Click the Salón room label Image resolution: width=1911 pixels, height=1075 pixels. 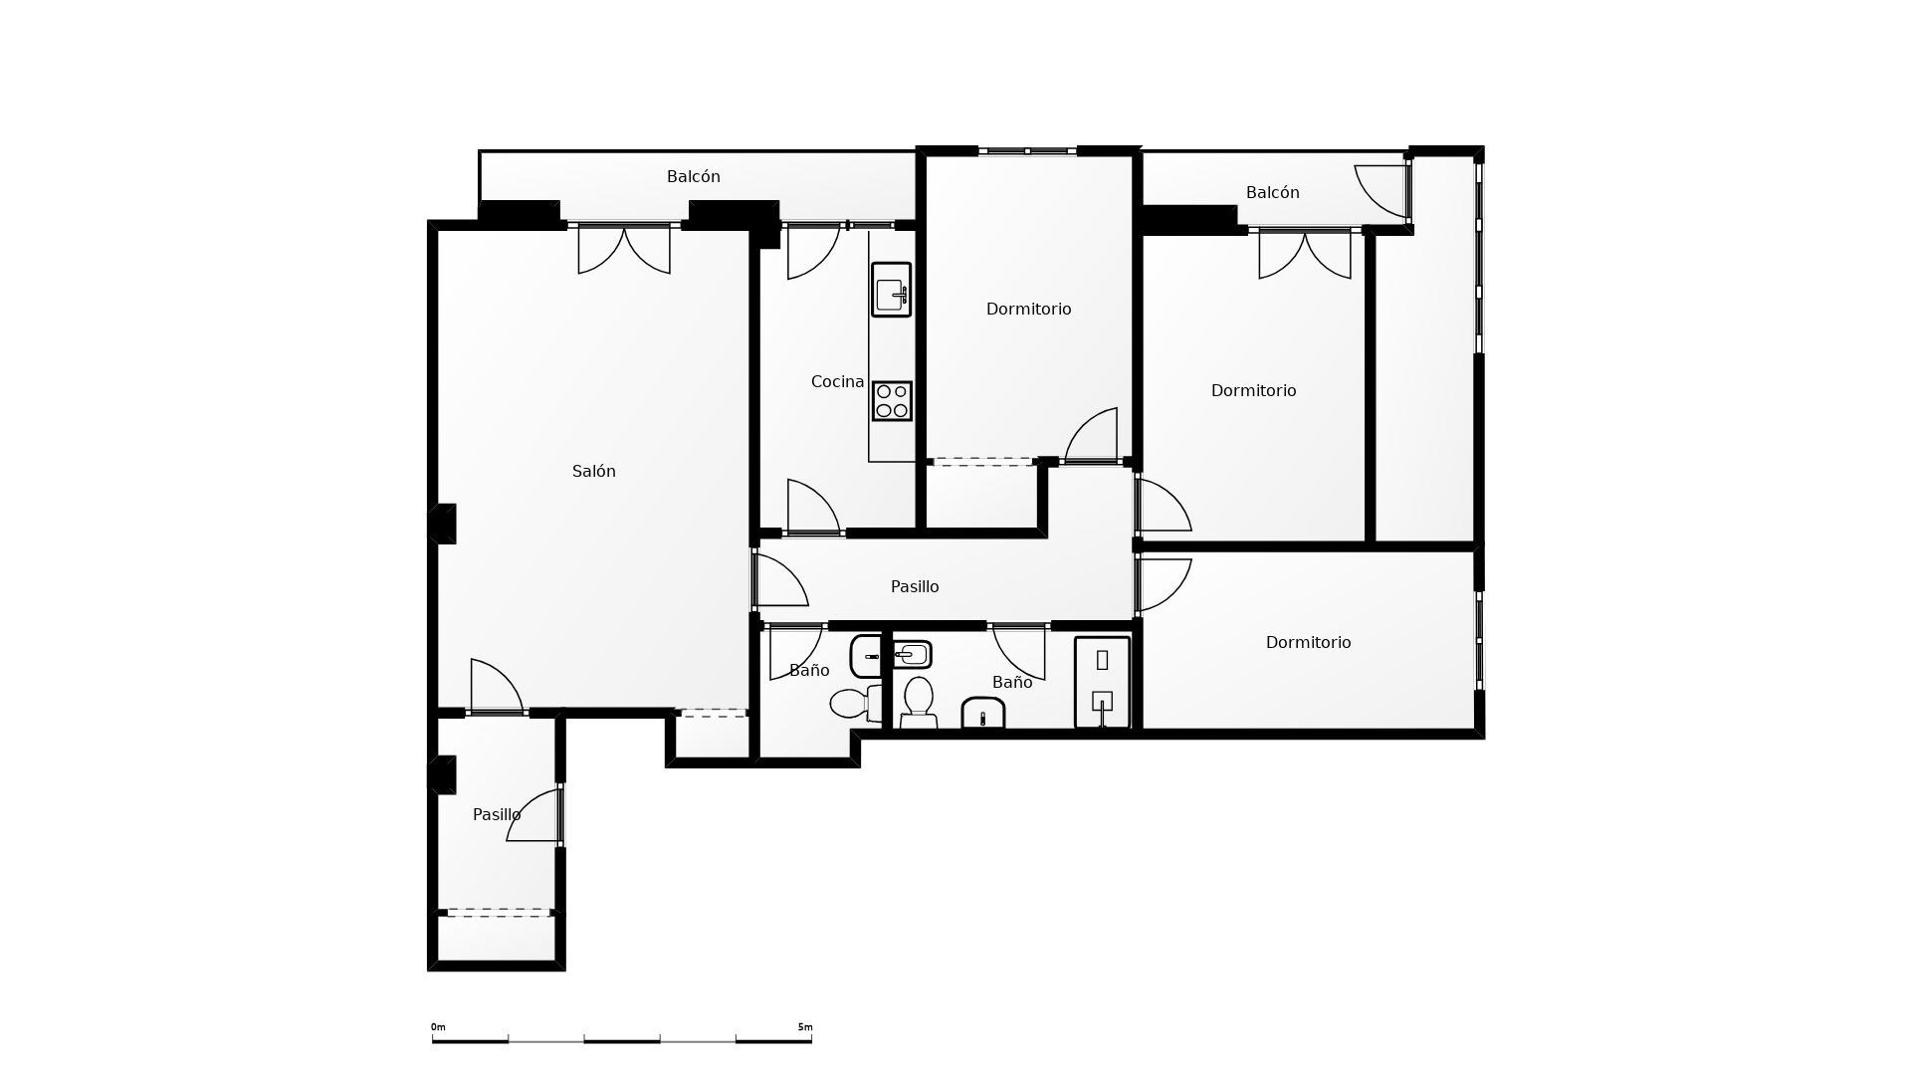[x=594, y=472]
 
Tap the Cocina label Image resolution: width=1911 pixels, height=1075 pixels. [x=837, y=382]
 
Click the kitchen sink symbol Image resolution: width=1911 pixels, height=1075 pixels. [x=891, y=290]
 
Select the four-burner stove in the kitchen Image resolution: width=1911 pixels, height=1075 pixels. [x=892, y=401]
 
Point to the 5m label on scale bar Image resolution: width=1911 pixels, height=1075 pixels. [x=804, y=1027]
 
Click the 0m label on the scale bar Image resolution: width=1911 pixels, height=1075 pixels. [x=438, y=1027]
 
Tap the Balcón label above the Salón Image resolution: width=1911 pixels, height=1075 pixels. [x=694, y=177]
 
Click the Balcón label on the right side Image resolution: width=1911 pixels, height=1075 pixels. [x=1272, y=193]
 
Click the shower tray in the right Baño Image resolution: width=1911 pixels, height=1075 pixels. [x=1102, y=682]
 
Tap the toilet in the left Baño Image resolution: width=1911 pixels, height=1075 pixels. [x=851, y=704]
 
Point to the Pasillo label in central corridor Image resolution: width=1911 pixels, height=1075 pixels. [x=915, y=587]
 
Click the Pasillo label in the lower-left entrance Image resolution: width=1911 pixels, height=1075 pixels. [x=497, y=815]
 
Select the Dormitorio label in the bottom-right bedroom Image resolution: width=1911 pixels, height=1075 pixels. [x=1308, y=643]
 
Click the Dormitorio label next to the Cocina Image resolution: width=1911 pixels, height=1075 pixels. [x=1028, y=310]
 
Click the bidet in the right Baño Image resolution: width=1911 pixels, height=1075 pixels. [x=983, y=713]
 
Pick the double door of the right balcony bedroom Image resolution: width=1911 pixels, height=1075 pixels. [x=1305, y=253]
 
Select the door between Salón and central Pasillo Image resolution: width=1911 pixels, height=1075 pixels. [x=779, y=580]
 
